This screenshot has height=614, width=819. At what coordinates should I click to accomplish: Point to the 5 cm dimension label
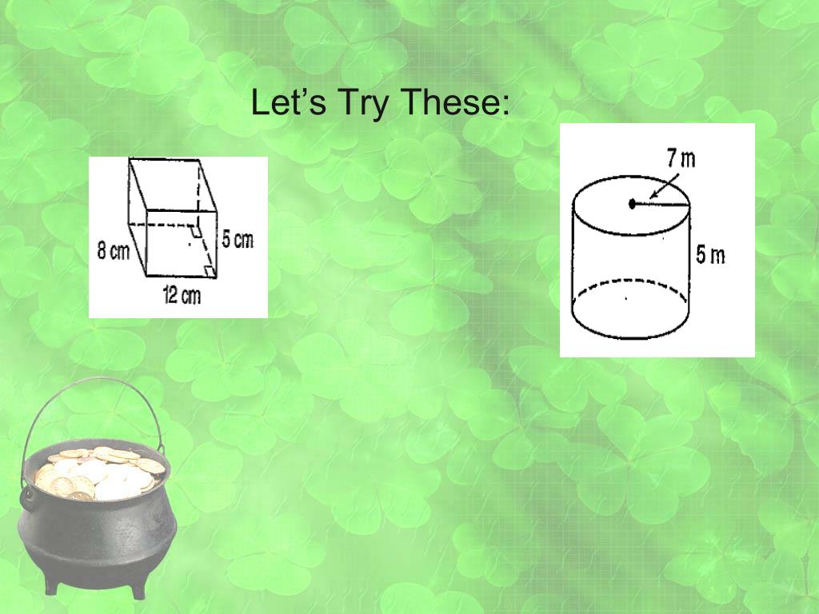click(x=238, y=239)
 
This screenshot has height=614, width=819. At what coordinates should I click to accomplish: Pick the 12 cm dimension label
click(x=182, y=296)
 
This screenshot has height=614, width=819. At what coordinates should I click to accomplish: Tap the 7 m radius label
click(x=681, y=157)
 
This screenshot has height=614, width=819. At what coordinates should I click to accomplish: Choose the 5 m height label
click(x=710, y=255)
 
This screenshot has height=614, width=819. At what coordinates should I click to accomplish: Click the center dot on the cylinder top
click(x=632, y=204)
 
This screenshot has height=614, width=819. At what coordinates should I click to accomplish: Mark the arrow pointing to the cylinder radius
click(x=663, y=186)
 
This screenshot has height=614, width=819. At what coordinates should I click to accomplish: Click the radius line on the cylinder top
click(x=661, y=204)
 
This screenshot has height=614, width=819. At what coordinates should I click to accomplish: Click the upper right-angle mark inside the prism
click(x=196, y=231)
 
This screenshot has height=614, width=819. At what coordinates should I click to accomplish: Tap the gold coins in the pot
click(x=99, y=473)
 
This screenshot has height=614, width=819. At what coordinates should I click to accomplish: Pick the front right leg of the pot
click(x=138, y=590)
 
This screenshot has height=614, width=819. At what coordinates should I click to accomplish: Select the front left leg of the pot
click(x=52, y=584)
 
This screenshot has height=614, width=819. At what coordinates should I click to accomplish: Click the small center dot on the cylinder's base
click(x=626, y=299)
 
